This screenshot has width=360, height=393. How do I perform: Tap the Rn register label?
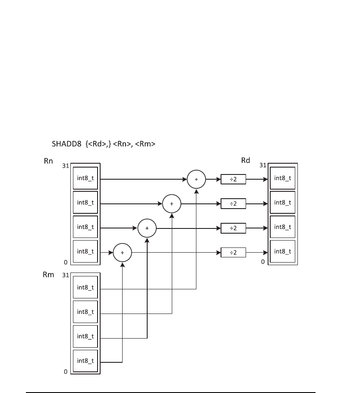pyautogui.click(x=48, y=162)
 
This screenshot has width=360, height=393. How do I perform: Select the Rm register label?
pyautogui.click(x=49, y=275)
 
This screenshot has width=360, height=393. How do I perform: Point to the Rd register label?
pyautogui.click(x=246, y=161)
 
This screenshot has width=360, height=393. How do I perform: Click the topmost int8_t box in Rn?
pyautogui.click(x=85, y=178)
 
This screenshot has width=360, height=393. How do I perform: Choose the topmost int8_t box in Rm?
pyautogui.click(x=85, y=287)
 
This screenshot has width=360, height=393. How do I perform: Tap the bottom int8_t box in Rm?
pyautogui.click(x=85, y=361)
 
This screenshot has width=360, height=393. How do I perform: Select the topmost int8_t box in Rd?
pyautogui.click(x=283, y=178)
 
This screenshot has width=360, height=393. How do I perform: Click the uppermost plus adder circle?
pyautogui.click(x=196, y=178)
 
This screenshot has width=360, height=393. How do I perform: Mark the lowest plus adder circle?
pyautogui.click(x=122, y=253)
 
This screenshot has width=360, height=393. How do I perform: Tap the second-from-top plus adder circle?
pyautogui.click(x=172, y=203)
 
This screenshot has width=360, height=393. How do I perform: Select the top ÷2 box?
pyautogui.click(x=233, y=178)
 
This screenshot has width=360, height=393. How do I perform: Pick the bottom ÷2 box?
pyautogui.click(x=233, y=253)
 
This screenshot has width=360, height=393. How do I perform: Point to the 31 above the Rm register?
pyautogui.click(x=66, y=275)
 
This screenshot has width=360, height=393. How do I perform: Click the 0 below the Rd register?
pyautogui.click(x=262, y=262)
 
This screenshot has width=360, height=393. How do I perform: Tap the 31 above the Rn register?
pyautogui.click(x=66, y=165)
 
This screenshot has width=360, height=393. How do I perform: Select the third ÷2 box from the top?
pyautogui.click(x=233, y=228)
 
